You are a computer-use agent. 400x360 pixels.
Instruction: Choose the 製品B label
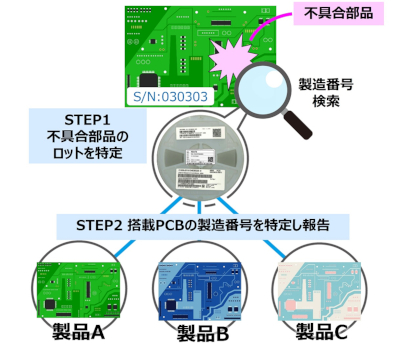(200, 333)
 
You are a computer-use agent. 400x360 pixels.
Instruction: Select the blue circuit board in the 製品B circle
(200, 285)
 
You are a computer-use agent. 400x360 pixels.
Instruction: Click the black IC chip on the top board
(149, 77)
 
